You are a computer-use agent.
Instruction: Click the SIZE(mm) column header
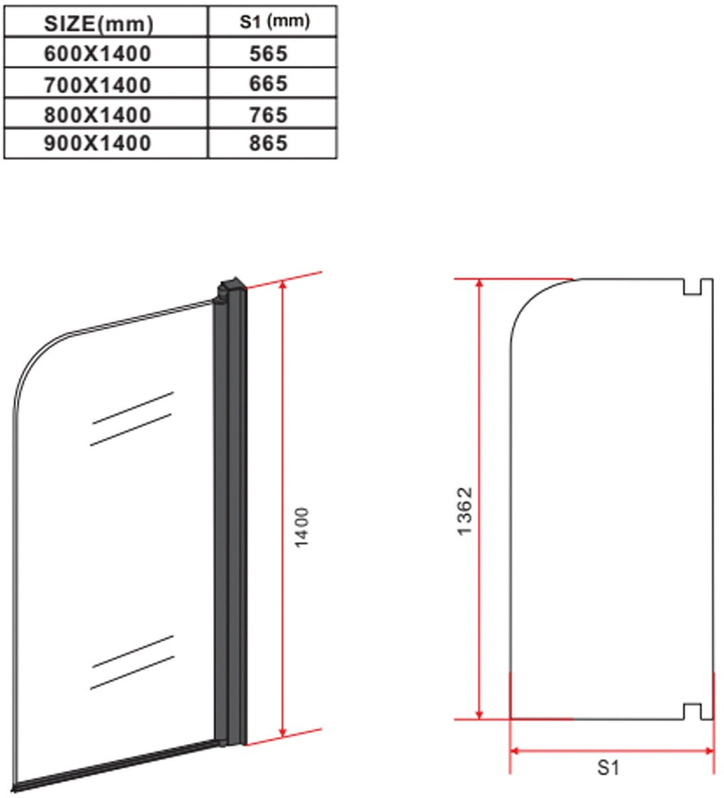98,24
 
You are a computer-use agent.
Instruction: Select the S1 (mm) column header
274,22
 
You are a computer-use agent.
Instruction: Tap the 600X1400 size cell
98,54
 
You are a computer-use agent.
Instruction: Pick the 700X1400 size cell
98,85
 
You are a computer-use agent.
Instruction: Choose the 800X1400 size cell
98,114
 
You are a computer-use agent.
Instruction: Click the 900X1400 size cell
98,143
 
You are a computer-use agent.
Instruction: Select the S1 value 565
268,54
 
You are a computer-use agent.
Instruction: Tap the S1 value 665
268,83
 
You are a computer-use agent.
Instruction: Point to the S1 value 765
268,114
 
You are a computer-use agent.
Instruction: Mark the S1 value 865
268,143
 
